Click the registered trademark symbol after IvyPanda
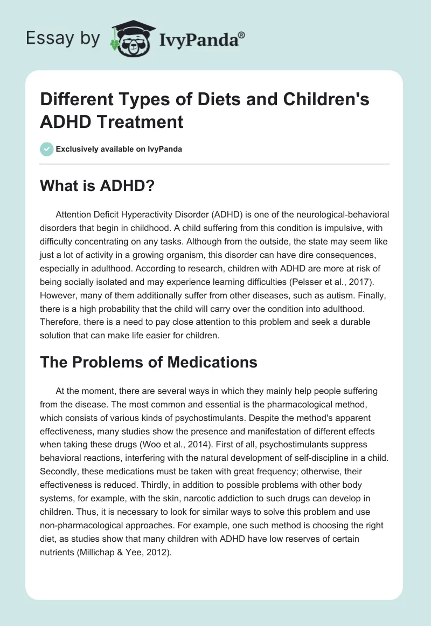click(x=242, y=35)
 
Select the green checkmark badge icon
click(x=47, y=149)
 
